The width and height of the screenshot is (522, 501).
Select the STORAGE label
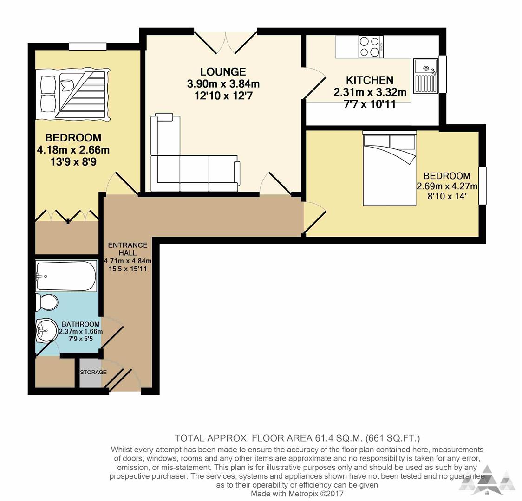click(93, 372)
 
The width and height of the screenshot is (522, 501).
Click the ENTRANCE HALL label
click(127, 249)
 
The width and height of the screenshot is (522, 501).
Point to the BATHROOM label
click(81, 324)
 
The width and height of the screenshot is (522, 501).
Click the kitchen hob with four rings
click(371, 47)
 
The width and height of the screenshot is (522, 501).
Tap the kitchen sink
click(426, 77)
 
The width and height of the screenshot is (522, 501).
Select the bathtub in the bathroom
click(66, 276)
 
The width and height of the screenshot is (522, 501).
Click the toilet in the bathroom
click(46, 302)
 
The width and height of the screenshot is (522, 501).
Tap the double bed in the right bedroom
click(389, 169)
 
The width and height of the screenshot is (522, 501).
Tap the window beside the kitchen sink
click(442, 74)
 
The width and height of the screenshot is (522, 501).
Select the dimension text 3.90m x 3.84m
click(223, 84)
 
